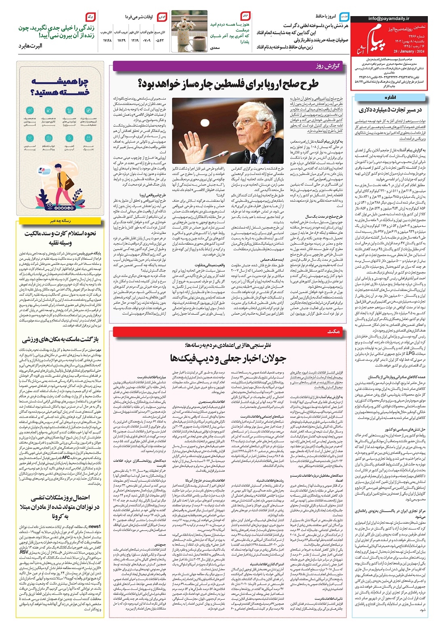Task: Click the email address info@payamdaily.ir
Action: tap(389, 19)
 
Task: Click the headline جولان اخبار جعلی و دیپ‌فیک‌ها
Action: tap(228, 358)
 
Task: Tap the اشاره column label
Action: tap(390, 97)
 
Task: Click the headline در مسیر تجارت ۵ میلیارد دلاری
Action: tap(390, 110)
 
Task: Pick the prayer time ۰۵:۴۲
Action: tap(160, 40)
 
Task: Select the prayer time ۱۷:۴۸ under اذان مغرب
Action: tap(107, 40)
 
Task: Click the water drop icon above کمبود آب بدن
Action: tap(69, 138)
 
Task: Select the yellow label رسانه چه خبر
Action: tap(60, 221)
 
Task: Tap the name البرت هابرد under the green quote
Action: tap(30, 46)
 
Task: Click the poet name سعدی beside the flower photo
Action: tap(215, 48)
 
